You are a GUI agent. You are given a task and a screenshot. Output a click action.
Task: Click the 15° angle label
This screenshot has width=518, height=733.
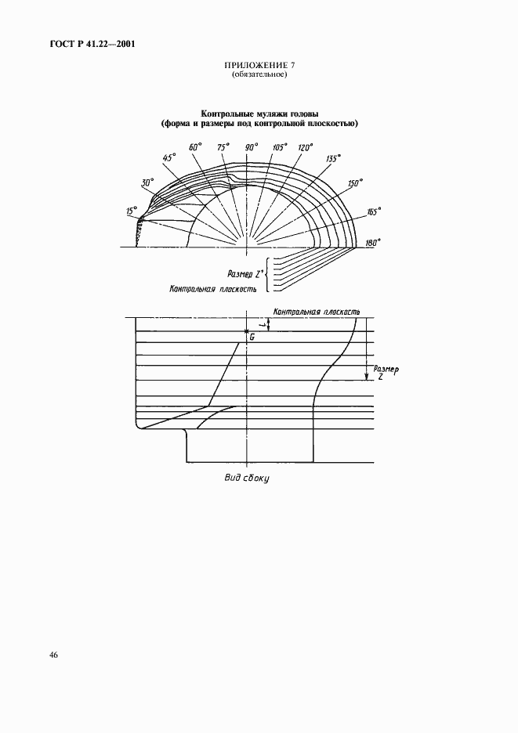click(x=132, y=211)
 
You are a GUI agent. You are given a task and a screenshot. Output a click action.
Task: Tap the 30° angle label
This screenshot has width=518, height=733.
click(x=147, y=182)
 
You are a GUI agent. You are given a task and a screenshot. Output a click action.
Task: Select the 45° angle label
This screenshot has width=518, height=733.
click(x=168, y=157)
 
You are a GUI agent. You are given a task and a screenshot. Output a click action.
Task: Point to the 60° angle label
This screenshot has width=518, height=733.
click(x=195, y=146)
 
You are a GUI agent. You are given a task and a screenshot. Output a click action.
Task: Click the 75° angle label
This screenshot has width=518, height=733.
click(x=223, y=147)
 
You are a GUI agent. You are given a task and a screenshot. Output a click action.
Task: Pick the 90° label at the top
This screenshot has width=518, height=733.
click(x=252, y=147)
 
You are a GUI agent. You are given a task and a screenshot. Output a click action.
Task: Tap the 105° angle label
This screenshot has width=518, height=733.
click(x=279, y=147)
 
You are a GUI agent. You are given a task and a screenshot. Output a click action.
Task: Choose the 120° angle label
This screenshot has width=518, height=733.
click(x=305, y=147)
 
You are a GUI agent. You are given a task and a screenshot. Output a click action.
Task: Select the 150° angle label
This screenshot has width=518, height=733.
click(x=356, y=183)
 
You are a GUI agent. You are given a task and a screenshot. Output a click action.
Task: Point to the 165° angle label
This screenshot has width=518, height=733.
click(x=373, y=211)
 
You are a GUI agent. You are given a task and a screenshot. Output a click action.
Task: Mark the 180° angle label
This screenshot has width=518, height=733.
click(x=373, y=242)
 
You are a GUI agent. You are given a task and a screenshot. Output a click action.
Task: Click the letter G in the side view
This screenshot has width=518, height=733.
click(x=252, y=337)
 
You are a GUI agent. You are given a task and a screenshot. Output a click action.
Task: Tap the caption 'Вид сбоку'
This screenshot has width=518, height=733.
click(x=246, y=478)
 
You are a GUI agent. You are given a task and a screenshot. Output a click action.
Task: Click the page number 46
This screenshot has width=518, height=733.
click(x=53, y=655)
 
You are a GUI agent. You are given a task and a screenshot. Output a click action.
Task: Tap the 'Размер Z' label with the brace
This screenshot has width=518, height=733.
click(x=242, y=273)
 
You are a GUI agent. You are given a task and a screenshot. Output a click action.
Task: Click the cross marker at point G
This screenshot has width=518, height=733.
click(x=246, y=331)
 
